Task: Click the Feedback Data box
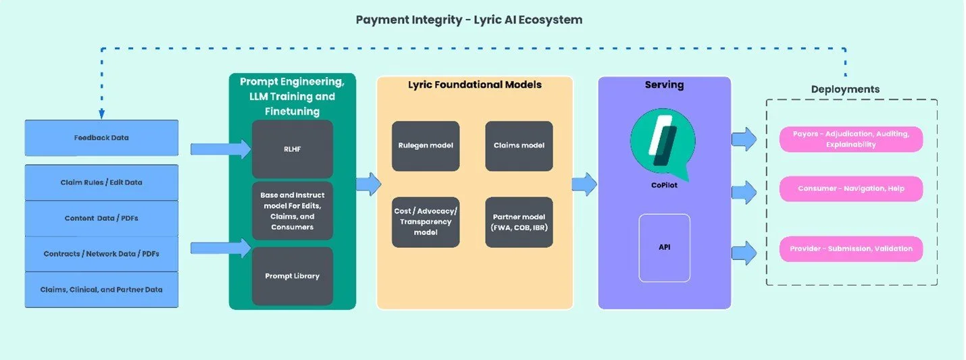101,138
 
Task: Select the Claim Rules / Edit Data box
101,182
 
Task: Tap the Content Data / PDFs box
101,218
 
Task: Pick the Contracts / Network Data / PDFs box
101,254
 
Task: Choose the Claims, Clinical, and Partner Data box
101,290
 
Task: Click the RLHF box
292,149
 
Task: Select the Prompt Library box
292,276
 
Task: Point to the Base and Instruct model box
292,211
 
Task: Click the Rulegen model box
426,146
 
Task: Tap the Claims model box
519,146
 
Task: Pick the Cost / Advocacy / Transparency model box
426,222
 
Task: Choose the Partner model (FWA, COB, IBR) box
519,222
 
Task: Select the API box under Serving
665,247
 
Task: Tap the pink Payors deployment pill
850,139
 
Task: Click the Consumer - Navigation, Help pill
850,188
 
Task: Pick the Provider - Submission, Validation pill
850,249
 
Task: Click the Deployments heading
845,89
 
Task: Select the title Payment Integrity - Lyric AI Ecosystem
469,20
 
